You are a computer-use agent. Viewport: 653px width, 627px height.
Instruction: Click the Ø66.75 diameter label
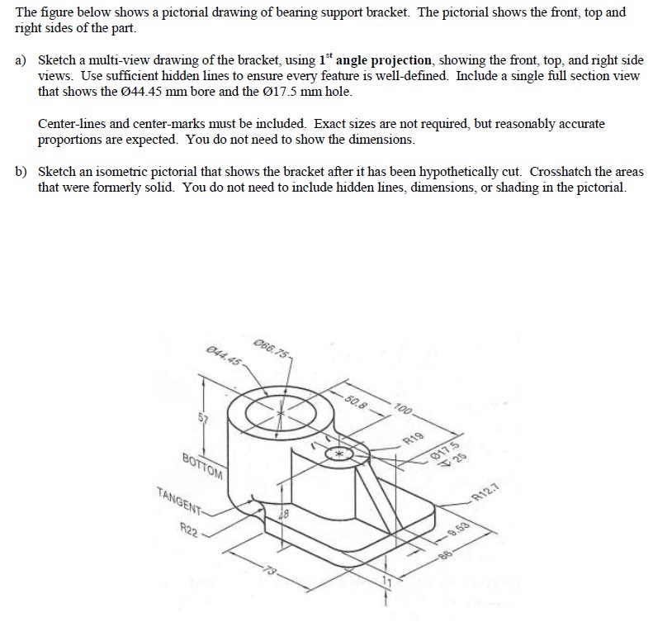coord(273,348)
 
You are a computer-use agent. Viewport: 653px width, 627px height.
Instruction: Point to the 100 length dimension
coord(403,408)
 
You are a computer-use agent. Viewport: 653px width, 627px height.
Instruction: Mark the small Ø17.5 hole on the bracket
coord(338,454)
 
